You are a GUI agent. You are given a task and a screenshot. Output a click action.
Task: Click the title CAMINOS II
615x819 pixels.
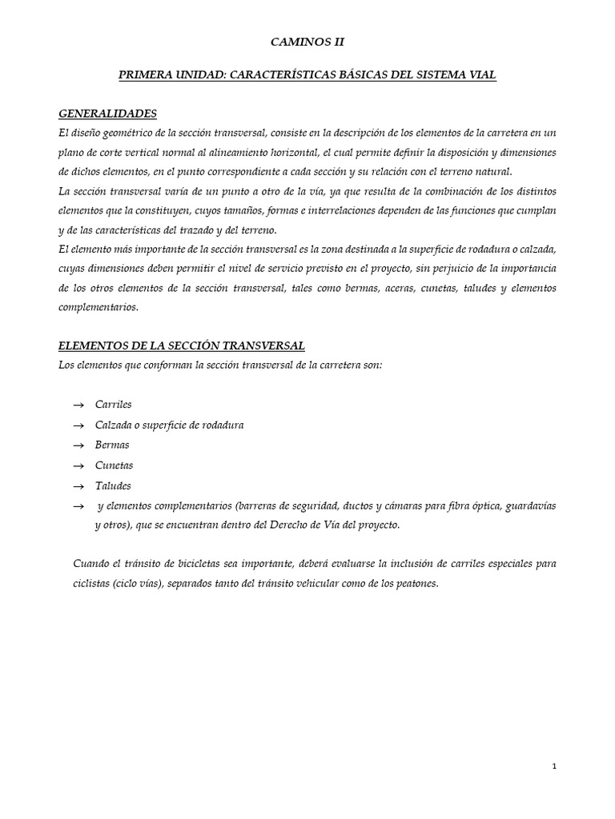tap(307, 42)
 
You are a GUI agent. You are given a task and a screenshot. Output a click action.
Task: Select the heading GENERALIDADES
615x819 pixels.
tap(108, 114)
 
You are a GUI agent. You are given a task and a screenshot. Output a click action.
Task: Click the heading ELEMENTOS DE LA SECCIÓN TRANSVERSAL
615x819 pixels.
tap(182, 346)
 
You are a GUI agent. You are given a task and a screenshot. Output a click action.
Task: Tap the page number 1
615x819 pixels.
tap(554, 766)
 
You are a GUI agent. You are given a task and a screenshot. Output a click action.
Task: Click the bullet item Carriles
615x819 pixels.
tap(113, 405)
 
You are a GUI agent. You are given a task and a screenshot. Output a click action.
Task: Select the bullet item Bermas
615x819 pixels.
tap(112, 445)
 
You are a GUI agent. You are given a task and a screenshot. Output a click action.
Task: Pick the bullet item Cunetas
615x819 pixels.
tap(114, 465)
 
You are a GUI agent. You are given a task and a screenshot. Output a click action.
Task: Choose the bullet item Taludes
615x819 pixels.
tap(113, 485)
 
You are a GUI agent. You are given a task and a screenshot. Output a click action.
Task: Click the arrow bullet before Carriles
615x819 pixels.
tap(78, 406)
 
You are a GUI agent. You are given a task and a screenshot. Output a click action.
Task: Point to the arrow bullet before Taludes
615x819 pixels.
tap(78, 486)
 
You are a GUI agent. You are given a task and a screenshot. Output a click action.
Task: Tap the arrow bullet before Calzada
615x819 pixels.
tap(78, 425)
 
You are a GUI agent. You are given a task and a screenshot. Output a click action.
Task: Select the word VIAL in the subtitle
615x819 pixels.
tap(483, 75)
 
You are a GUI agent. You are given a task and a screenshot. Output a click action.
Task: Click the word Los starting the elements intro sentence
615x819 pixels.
tap(68, 366)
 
